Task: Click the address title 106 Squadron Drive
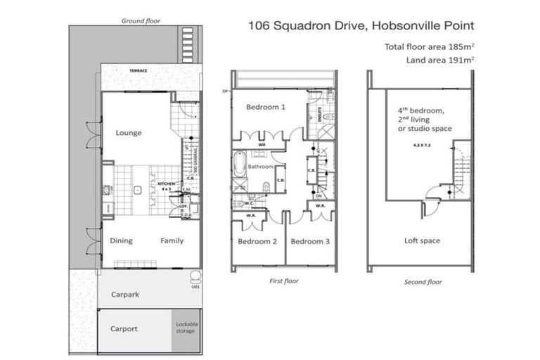361,26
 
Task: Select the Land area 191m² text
439,60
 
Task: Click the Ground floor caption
141,21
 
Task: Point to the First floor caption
284,281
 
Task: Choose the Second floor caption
423,282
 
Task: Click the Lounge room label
129,133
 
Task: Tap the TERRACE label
137,71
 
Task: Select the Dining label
121,240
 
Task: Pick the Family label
172,240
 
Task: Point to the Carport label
124,328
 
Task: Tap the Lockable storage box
186,329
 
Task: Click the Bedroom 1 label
265,108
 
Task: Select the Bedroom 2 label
257,241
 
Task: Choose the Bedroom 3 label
310,241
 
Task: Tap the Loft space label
422,240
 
